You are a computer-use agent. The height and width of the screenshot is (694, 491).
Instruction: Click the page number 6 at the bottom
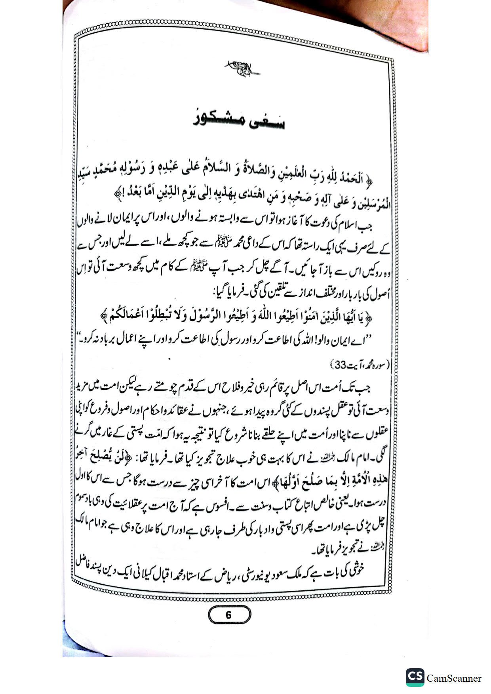(228, 615)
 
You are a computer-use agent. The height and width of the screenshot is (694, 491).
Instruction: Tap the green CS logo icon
(415, 677)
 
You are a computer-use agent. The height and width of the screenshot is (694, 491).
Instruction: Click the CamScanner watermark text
(454, 678)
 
